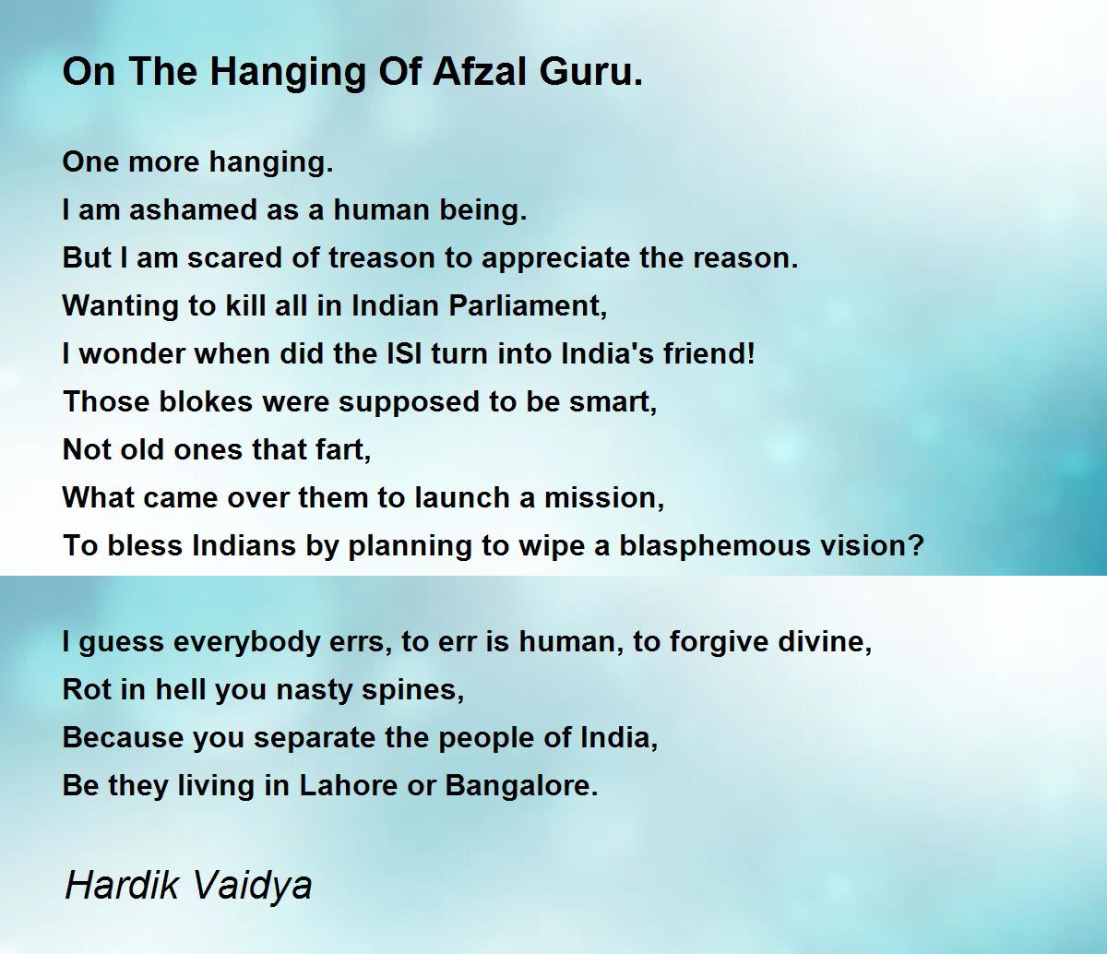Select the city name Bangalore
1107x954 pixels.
521,786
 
